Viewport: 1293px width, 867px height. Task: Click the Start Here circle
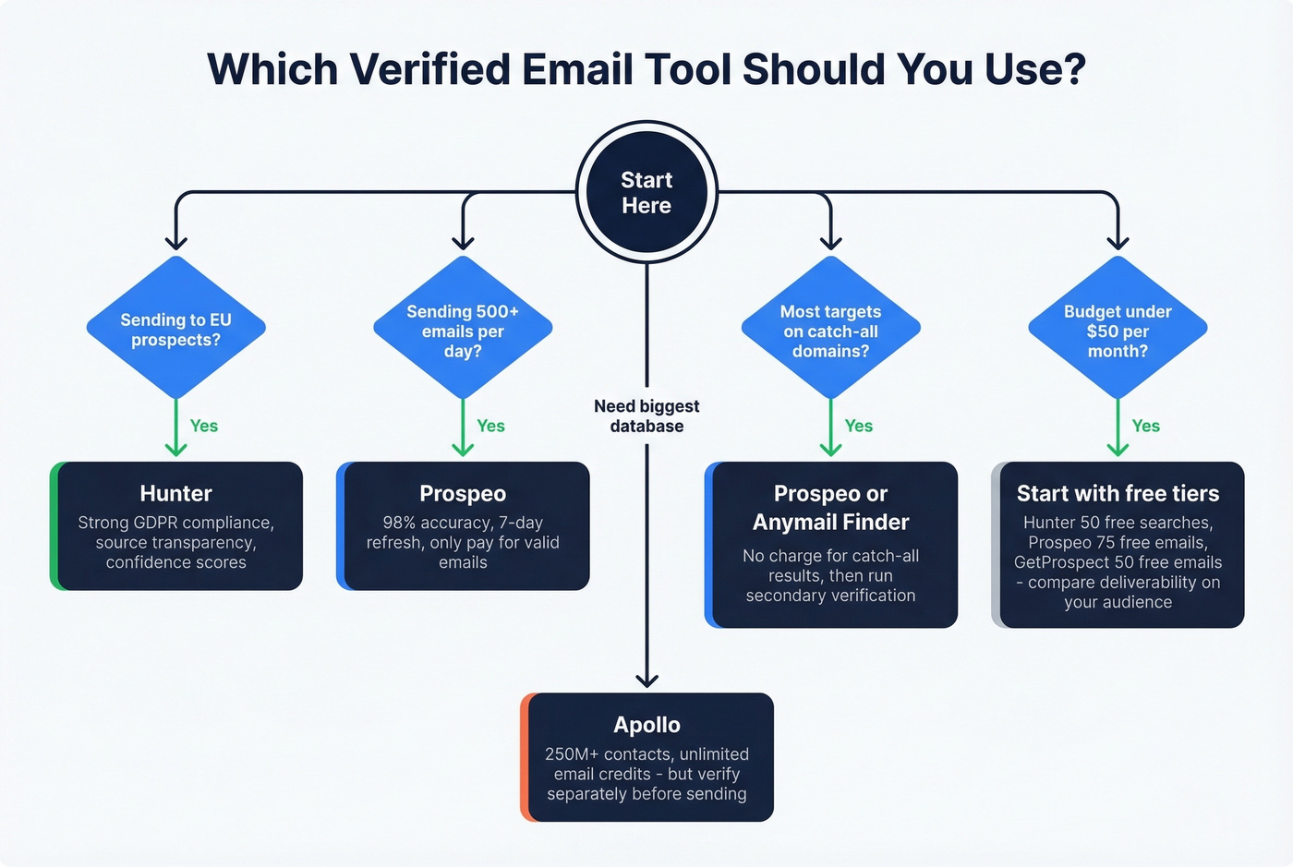[x=646, y=192]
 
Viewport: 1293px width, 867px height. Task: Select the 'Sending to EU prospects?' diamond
[x=175, y=329]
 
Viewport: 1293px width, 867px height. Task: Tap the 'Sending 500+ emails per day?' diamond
[x=463, y=330]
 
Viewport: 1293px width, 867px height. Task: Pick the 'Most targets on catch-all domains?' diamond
[x=830, y=330]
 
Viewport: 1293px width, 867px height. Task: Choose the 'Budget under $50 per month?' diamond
[x=1118, y=330]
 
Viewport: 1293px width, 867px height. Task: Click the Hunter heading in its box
[x=175, y=493]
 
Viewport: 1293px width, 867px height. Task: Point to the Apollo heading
[x=646, y=725]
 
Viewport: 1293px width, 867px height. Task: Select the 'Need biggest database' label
[x=646, y=415]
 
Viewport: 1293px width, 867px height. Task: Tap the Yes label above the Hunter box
[x=203, y=426]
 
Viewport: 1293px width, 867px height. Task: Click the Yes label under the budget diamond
[x=1145, y=426]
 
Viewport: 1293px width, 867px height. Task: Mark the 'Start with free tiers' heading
[x=1118, y=493]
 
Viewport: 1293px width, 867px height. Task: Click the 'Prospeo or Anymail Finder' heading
[x=830, y=508]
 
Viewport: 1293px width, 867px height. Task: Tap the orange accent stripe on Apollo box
[x=525, y=757]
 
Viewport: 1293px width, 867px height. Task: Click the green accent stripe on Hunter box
[x=54, y=526]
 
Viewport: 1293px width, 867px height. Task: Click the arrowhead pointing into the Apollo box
[x=646, y=680]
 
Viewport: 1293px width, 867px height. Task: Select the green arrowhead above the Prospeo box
[x=463, y=449]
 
